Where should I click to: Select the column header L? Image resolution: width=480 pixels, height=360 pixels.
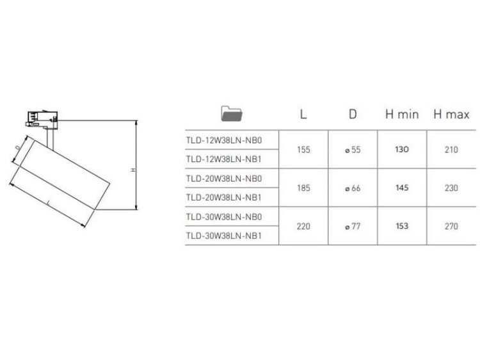(x=303, y=115)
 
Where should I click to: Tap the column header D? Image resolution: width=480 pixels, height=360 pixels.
(x=352, y=115)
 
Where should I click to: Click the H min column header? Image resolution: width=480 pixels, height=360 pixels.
(x=401, y=115)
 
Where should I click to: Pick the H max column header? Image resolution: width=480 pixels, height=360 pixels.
(x=451, y=115)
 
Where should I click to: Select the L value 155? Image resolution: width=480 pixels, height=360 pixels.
(x=303, y=149)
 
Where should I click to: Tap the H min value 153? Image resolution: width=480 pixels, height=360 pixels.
(x=401, y=226)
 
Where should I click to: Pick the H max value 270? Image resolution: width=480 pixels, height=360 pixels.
(x=451, y=226)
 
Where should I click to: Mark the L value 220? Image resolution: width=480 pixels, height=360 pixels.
(x=303, y=226)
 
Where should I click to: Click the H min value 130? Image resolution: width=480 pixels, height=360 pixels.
(x=401, y=149)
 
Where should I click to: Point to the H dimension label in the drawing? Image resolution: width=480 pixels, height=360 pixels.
(x=132, y=170)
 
